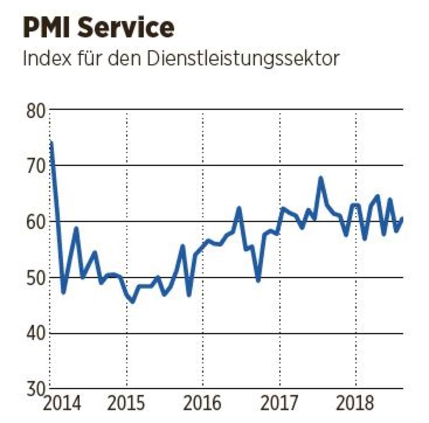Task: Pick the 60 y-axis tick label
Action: click(x=35, y=222)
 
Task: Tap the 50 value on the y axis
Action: click(x=35, y=278)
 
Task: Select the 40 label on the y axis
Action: click(x=35, y=333)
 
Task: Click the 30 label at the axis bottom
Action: click(x=35, y=389)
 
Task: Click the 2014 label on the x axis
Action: click(x=62, y=404)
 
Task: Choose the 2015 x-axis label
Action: click(x=126, y=404)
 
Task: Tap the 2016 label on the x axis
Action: click(x=203, y=404)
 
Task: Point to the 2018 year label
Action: click(x=355, y=404)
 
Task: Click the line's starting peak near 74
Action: click(x=51, y=142)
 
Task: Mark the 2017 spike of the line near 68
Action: click(x=321, y=178)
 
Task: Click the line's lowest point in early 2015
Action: click(x=132, y=302)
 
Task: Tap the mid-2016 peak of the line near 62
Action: click(x=239, y=208)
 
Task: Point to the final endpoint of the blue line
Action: click(x=402, y=218)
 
